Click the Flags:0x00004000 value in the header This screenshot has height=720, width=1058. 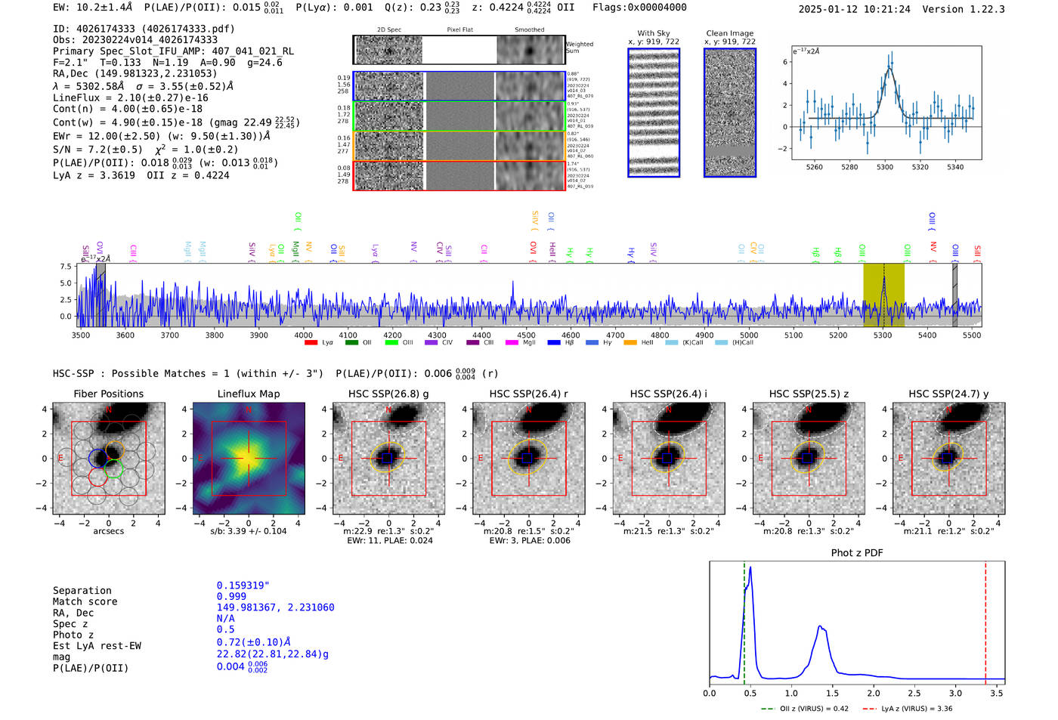click(639, 8)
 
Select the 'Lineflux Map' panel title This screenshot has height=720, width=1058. click(248, 394)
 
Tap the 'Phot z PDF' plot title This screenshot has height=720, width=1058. click(856, 552)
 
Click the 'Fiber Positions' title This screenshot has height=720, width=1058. click(108, 394)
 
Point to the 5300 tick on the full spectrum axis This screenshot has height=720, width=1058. click(883, 335)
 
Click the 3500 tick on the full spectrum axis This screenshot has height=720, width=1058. click(81, 335)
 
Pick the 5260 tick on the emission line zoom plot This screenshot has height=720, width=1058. click(814, 167)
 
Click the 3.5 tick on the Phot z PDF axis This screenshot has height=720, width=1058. click(997, 693)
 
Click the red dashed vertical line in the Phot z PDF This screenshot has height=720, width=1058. click(985, 620)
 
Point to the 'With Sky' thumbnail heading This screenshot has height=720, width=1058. click(653, 33)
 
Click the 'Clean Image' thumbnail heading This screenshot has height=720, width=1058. click(729, 33)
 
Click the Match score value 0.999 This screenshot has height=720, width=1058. click(231, 596)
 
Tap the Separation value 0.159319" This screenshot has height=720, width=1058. click(243, 586)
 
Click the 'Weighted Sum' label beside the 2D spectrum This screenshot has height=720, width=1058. click(579, 48)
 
